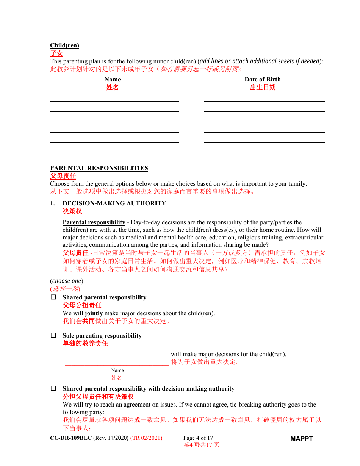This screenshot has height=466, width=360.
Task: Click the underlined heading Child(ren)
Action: click(x=64, y=45)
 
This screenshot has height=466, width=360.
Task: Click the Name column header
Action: click(x=113, y=79)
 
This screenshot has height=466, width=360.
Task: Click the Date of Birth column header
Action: click(x=263, y=79)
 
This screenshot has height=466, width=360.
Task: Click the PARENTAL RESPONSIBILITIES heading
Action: click(x=99, y=168)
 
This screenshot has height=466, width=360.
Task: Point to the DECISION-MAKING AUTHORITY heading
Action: click(x=114, y=203)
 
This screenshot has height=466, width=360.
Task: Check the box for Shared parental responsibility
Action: click(x=53, y=297)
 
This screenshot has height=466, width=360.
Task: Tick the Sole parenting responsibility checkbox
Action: click(x=53, y=336)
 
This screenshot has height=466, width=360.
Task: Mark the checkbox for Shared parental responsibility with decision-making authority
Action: click(x=53, y=389)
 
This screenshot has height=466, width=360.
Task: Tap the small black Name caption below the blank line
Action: click(x=117, y=370)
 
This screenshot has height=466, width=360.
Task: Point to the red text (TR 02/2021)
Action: click(x=146, y=438)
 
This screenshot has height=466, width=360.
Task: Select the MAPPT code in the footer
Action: click(x=302, y=439)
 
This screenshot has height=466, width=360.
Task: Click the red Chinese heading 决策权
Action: click(x=72, y=211)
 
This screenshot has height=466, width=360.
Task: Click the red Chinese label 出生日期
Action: click(x=263, y=88)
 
